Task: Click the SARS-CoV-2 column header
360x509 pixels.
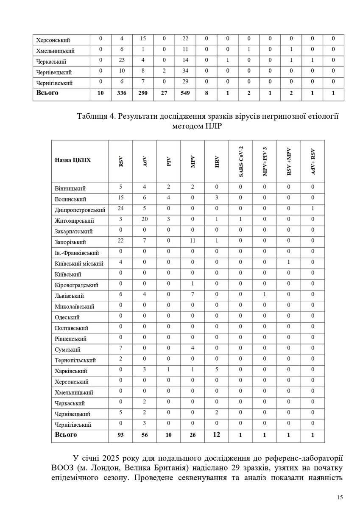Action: [x=241, y=161]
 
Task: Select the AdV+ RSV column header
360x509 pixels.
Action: [x=313, y=161]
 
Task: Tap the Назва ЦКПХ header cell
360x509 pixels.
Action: [x=73, y=161]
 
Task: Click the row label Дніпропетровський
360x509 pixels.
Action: [x=80, y=210]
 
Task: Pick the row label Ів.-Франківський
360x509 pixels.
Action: [x=77, y=253]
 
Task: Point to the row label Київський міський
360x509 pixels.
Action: [x=79, y=264]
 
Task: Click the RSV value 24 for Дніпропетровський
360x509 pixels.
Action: [x=121, y=209]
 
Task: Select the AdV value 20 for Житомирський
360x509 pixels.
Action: [x=145, y=220]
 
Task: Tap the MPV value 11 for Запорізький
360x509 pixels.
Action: [x=193, y=241]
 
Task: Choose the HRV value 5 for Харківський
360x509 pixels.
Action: [x=217, y=370]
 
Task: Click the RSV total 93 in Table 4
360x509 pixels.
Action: [x=121, y=435]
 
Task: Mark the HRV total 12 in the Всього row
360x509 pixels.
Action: [x=217, y=435]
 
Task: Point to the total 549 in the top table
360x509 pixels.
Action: [x=185, y=92]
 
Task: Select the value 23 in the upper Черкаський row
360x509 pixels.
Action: [x=122, y=61]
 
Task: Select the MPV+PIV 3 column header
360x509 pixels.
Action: [x=265, y=161]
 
